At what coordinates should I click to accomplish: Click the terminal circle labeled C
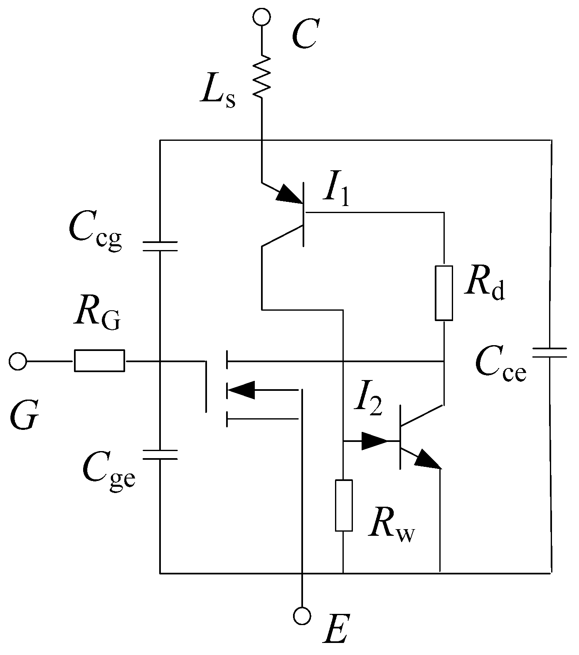point(262,17)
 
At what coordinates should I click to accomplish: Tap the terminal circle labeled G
point(17,361)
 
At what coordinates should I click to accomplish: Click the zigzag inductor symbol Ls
point(262,76)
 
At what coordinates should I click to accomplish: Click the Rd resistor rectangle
point(444,293)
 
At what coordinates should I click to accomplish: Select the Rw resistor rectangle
point(344,505)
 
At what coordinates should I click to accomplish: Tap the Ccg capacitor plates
point(160,246)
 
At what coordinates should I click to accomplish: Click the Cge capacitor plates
point(160,454)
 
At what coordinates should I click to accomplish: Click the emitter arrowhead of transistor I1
point(289,194)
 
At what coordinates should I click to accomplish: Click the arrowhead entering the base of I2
point(375,441)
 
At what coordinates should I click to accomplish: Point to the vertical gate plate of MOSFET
point(206,386)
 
